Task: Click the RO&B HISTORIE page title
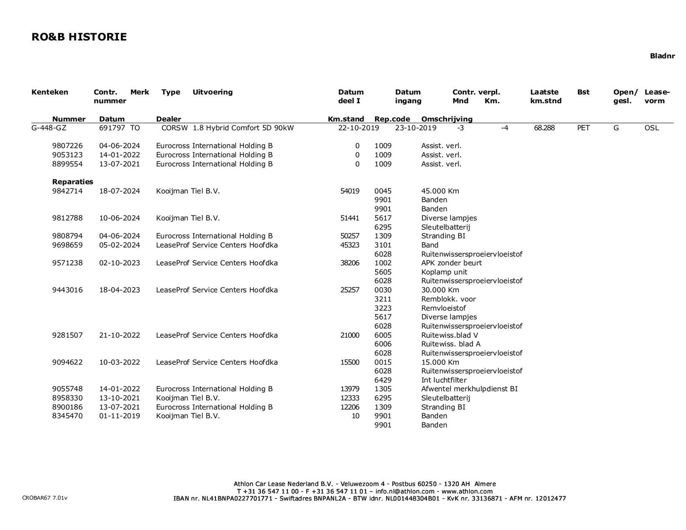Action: pos(79,37)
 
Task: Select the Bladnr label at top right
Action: pos(662,56)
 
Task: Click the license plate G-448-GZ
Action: pos(49,128)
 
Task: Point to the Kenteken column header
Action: pos(50,92)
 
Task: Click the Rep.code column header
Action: pos(392,119)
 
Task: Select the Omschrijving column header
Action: pos(447,119)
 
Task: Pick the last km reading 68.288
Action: pos(544,128)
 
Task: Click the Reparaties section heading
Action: pos(73,182)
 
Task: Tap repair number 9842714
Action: pos(67,191)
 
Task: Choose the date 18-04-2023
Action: pos(119,290)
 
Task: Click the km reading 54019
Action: pos(350,191)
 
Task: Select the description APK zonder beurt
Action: pos(451,263)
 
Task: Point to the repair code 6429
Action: pos(383,380)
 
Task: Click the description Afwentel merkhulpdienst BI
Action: pos(469,389)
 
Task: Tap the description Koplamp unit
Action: pos(444,272)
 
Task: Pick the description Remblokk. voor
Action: pos(448,299)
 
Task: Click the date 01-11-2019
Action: pos(119,416)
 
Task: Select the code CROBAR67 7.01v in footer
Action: pos(45,498)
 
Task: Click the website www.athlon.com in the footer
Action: pos(467,491)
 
